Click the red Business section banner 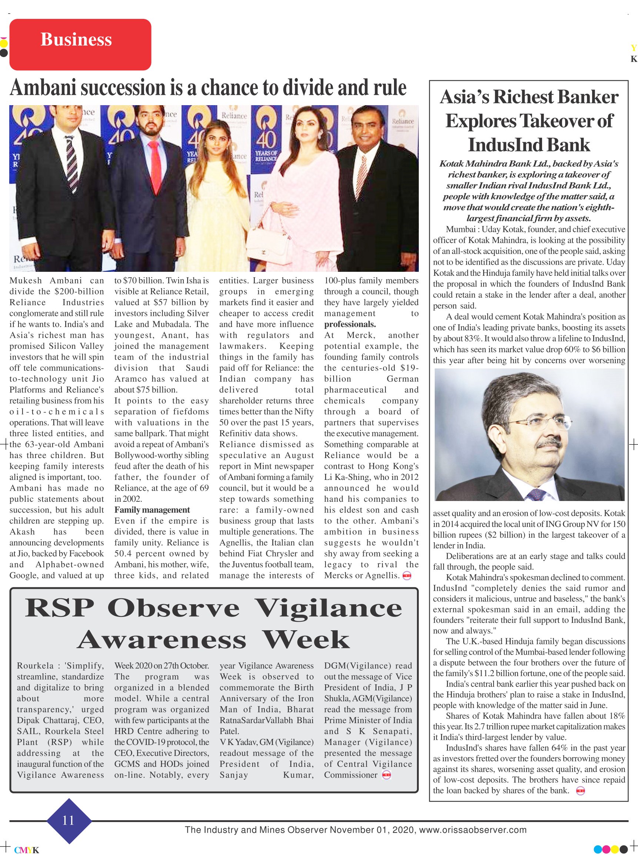80,44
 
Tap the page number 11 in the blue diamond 69,820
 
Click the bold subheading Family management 152,510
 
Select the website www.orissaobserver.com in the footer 473,829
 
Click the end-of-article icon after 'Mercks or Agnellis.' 407,576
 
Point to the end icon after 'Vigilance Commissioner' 386,775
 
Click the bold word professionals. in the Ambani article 350,324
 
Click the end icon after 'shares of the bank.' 580,791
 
